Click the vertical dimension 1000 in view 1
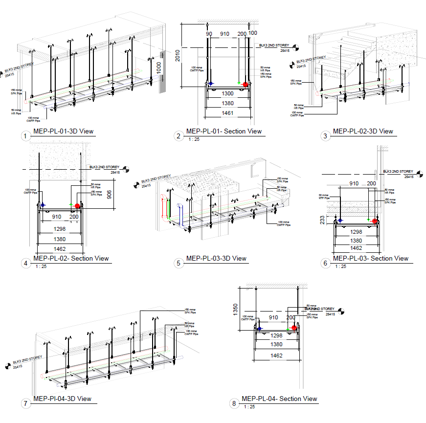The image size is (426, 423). [159, 67]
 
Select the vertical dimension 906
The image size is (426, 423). [109, 195]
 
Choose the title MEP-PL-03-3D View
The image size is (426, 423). [216, 258]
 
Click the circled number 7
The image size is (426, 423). [25, 403]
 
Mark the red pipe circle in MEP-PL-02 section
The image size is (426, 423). [77, 206]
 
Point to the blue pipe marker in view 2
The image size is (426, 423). [211, 84]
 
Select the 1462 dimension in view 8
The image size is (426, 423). [276, 356]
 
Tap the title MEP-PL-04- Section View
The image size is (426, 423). [279, 399]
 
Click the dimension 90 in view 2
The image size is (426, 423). [209, 34]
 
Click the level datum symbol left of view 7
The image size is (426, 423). [8, 365]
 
